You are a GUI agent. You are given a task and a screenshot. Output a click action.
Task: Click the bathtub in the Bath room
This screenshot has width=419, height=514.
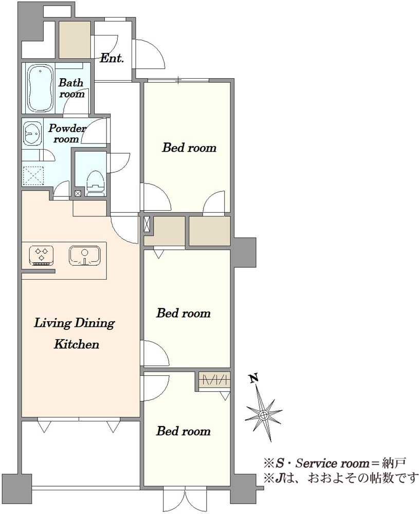[40, 88]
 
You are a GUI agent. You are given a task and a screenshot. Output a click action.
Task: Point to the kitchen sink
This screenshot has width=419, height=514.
[85, 255]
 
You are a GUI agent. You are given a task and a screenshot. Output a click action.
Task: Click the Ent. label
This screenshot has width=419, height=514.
[112, 59]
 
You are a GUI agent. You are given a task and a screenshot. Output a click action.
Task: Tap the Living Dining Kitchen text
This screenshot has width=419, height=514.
[75, 334]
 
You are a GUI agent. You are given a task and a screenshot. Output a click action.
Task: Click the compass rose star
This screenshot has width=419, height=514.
[263, 415]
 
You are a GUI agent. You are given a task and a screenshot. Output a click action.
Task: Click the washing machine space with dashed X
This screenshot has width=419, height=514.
[33, 176]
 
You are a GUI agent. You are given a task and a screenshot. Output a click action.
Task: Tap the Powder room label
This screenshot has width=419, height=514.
[67, 134]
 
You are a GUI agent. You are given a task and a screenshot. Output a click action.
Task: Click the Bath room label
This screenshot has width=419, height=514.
[71, 88]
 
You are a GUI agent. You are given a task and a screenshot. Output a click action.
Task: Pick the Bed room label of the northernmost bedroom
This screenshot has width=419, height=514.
[189, 148]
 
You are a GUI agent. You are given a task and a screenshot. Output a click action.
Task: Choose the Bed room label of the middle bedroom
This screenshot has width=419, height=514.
[183, 313]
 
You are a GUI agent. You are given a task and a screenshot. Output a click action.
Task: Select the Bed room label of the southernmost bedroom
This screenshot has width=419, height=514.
[183, 431]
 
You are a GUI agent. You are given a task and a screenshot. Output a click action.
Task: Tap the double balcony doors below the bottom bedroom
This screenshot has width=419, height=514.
[185, 501]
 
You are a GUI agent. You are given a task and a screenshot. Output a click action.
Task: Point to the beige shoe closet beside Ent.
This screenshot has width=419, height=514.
[75, 40]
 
